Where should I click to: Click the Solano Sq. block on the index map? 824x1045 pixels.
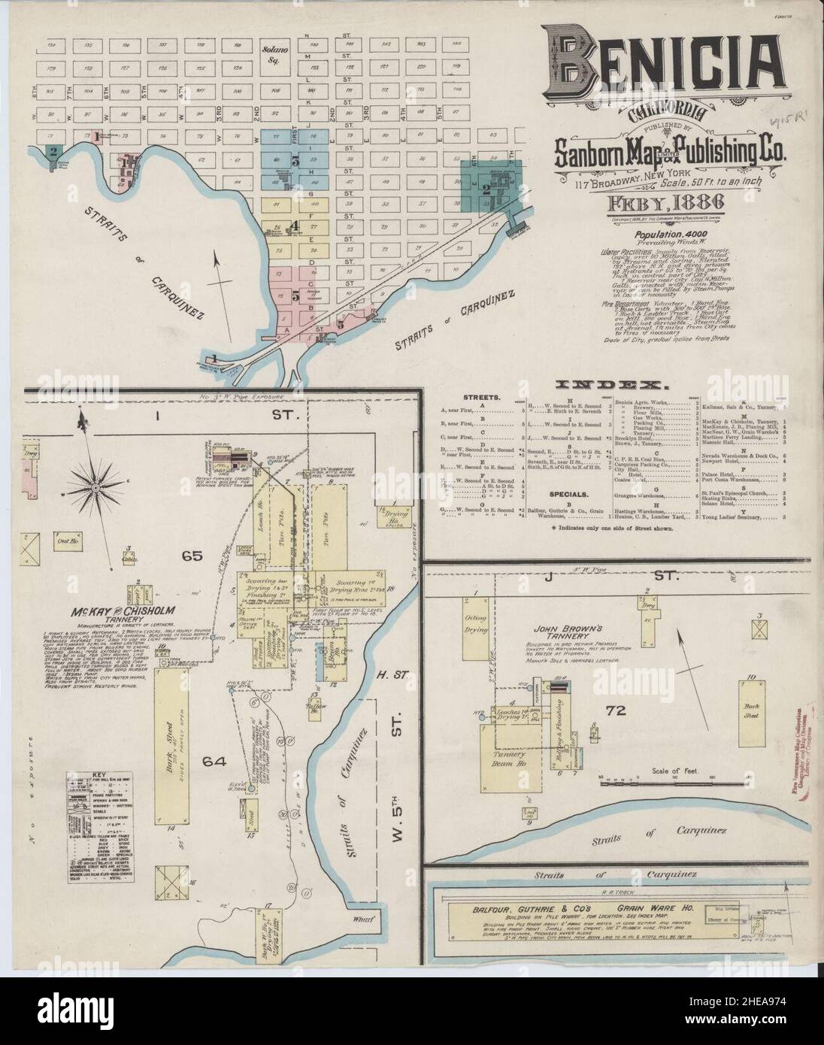[x=271, y=55]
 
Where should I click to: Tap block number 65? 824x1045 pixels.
[x=192, y=556]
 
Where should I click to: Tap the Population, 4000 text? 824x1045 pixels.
[x=660, y=235]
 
